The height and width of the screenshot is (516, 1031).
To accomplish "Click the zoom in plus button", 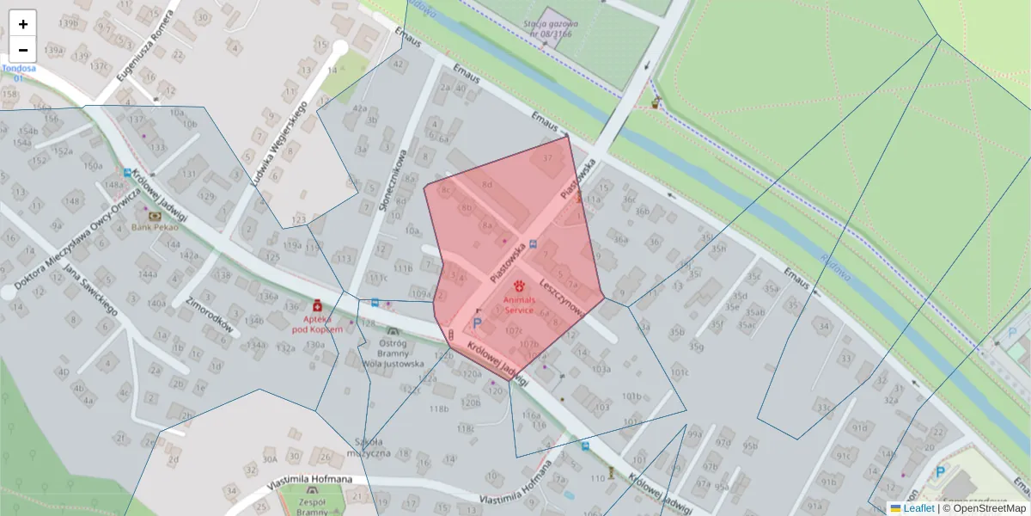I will click(22, 24).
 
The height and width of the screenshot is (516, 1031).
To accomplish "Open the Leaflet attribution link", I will click(918, 508).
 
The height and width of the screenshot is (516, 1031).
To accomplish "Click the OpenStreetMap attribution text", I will click(987, 508).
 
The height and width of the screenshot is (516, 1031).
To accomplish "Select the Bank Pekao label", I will click(154, 229).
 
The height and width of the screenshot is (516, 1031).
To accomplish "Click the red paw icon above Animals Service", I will click(519, 286).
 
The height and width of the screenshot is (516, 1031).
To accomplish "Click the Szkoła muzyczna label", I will click(369, 448).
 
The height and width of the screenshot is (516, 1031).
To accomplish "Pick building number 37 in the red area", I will click(547, 159).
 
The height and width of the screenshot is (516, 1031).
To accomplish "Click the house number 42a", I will click(360, 109).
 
